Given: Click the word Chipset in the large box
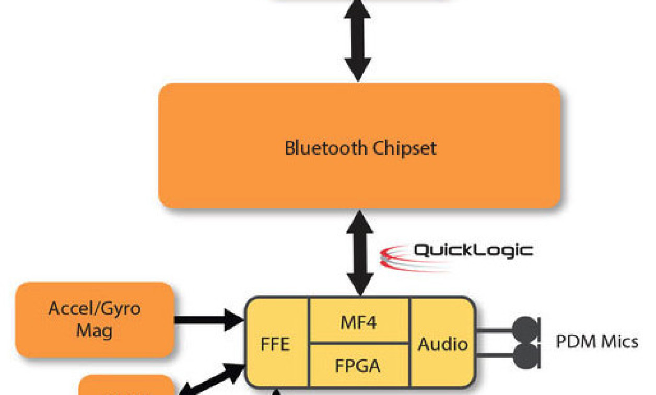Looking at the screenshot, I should [x=405, y=148].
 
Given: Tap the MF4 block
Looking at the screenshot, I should [x=359, y=322].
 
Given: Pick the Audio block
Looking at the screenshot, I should [x=443, y=344].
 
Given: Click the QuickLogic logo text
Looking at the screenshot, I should [x=473, y=250].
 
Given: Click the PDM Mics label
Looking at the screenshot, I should [x=596, y=342].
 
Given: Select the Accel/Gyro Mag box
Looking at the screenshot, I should [x=95, y=319].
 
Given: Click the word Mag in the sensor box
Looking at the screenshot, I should [x=95, y=330].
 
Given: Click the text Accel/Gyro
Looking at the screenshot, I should [x=95, y=308].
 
